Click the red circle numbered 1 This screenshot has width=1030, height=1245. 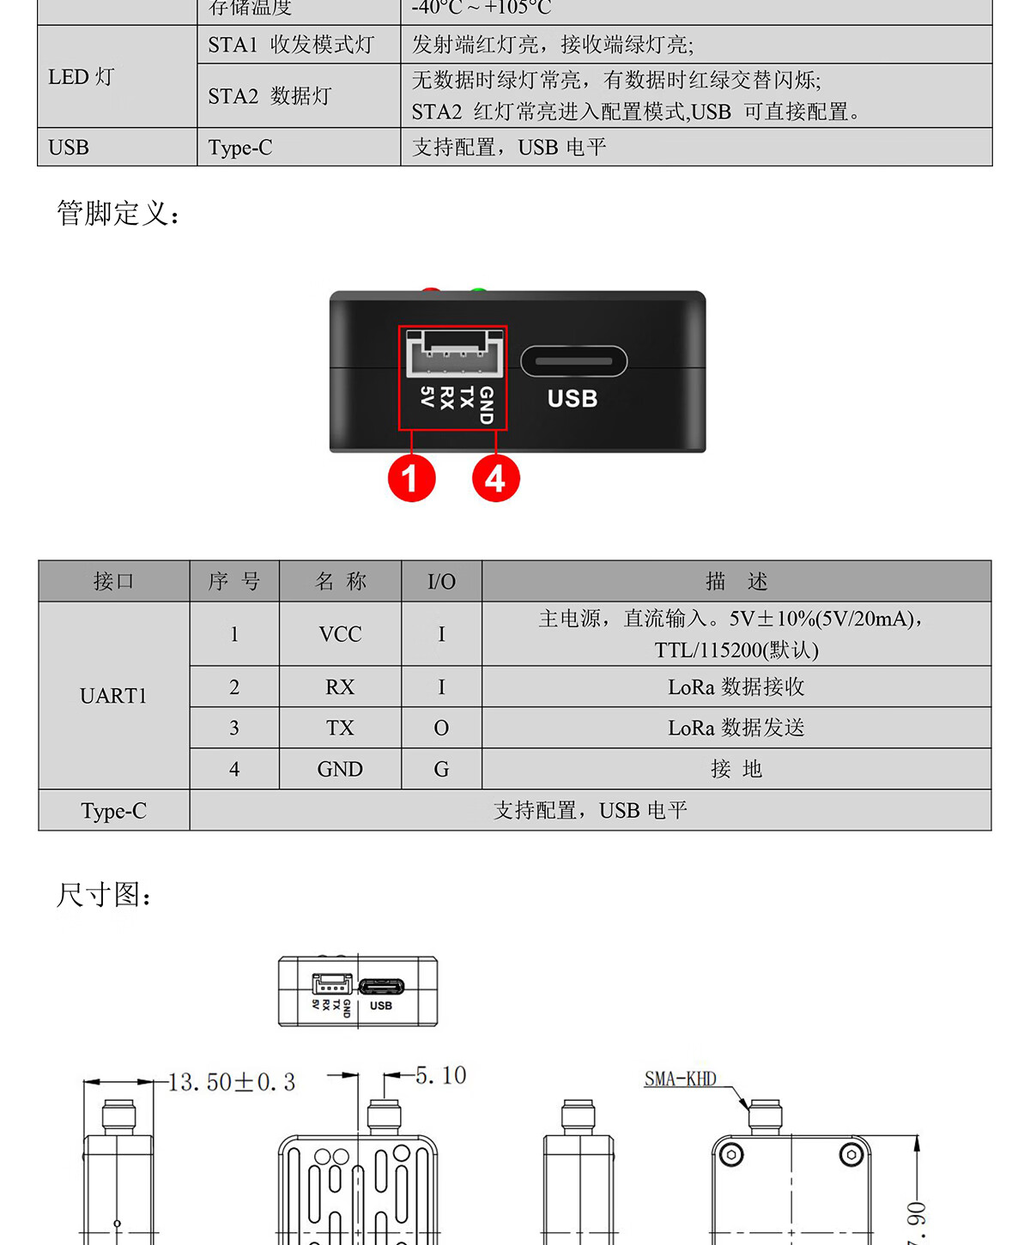click(x=411, y=478)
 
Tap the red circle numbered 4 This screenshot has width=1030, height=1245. click(x=495, y=478)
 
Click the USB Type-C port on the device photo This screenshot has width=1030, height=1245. click(x=573, y=361)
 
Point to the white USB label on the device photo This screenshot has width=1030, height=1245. click(x=573, y=399)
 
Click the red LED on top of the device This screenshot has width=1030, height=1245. click(x=431, y=292)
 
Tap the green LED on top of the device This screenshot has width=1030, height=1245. click(x=478, y=292)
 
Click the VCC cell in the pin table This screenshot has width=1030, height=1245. click(x=340, y=634)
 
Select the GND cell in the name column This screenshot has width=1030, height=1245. click(x=340, y=769)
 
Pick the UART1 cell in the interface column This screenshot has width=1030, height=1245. click(x=113, y=696)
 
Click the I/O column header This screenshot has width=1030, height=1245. click(x=441, y=582)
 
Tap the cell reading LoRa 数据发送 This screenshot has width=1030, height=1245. click(x=736, y=728)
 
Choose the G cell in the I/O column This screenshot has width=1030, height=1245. click(x=441, y=769)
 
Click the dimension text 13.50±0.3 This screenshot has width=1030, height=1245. click(x=232, y=1082)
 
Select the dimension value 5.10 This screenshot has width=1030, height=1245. click(x=440, y=1075)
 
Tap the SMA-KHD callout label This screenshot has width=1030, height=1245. click(x=680, y=1079)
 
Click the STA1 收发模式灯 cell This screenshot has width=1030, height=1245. click(x=291, y=45)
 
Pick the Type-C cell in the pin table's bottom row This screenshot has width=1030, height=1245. click(x=113, y=811)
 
